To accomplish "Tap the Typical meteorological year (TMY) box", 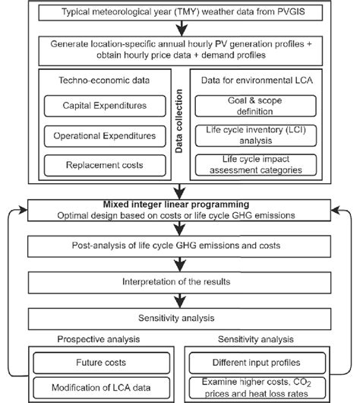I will click(180, 13).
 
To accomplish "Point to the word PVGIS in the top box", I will click(295, 13).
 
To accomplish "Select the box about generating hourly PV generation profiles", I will click(180, 49).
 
